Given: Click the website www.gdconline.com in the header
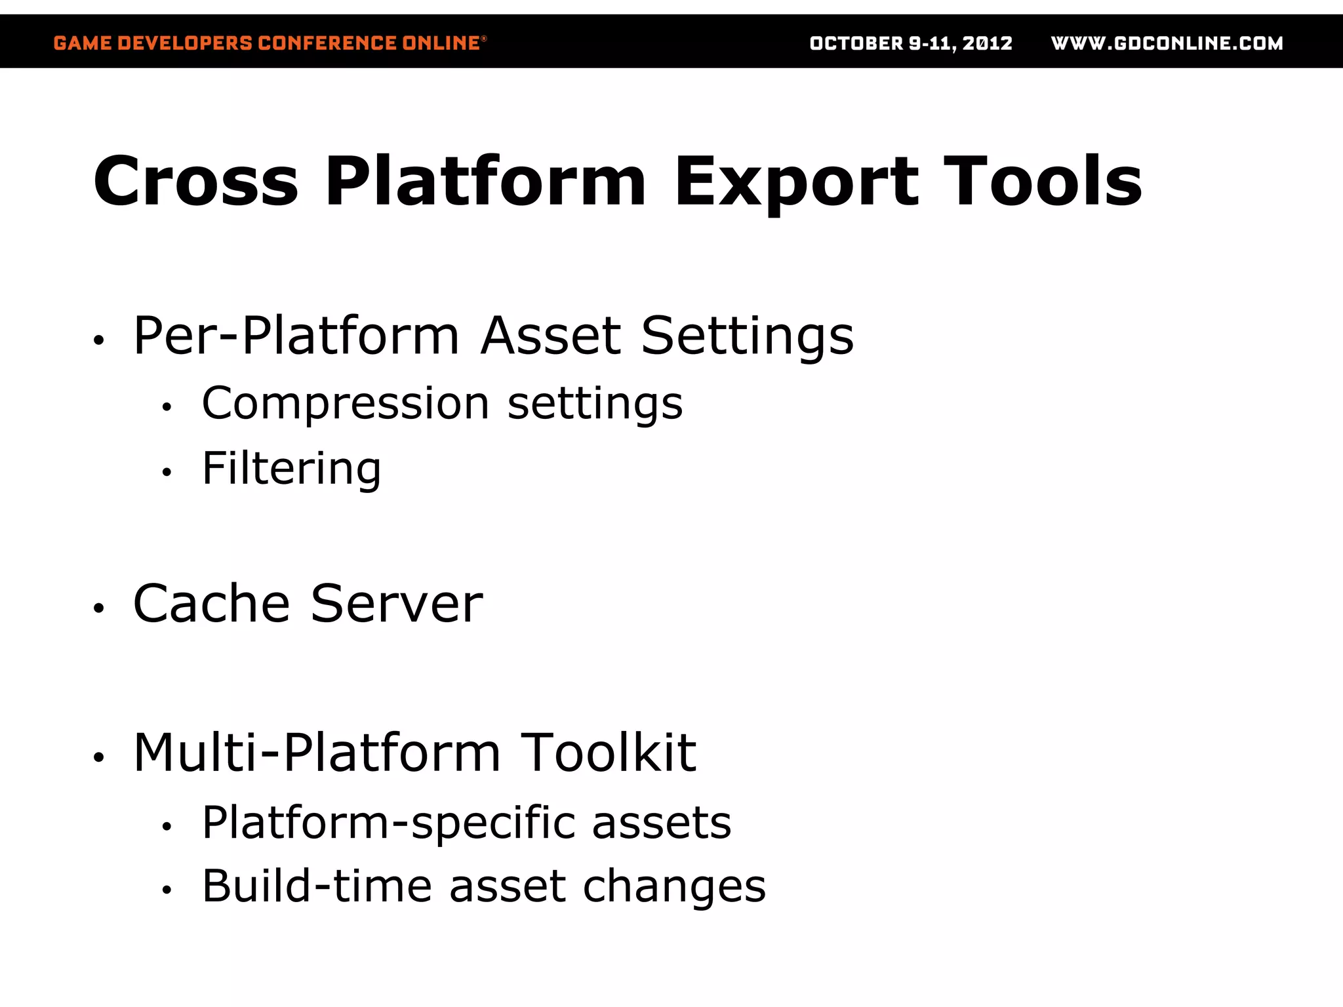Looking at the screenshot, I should point(1167,43).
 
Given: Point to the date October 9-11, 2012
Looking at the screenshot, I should point(911,43).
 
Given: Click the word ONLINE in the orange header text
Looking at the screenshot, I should point(441,43).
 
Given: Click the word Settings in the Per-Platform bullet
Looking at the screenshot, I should point(747,336).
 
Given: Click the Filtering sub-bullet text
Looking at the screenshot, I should point(291,469).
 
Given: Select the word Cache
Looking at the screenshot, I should point(211,604).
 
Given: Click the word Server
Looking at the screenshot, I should point(396,604).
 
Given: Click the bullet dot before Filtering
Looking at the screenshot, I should point(167,472).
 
